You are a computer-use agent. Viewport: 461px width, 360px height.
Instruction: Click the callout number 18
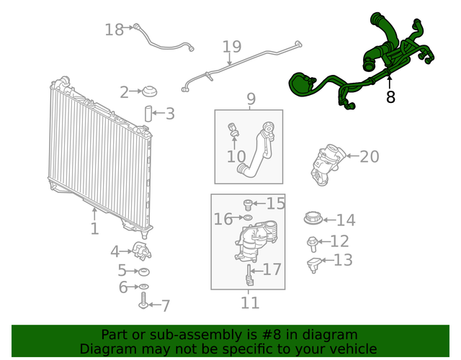[114, 30]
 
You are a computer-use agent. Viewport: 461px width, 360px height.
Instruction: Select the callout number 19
[231, 48]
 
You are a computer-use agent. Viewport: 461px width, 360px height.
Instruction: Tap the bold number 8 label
[390, 96]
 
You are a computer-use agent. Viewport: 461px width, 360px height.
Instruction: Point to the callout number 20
[369, 156]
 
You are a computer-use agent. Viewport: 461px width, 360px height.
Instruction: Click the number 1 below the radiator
[94, 229]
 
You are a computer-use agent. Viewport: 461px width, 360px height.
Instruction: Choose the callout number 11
[249, 303]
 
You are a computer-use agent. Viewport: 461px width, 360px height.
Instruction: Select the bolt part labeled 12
[313, 242]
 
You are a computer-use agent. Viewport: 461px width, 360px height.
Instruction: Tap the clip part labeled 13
[313, 264]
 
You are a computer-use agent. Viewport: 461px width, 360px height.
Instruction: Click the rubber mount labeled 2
[150, 92]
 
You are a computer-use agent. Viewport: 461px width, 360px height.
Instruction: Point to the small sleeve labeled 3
[149, 113]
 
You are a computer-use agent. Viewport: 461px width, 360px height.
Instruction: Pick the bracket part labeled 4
[140, 252]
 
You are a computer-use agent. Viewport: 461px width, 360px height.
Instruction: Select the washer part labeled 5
[143, 271]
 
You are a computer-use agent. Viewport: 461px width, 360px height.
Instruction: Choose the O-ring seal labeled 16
[248, 217]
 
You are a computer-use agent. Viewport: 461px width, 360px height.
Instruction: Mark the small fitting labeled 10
[232, 130]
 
